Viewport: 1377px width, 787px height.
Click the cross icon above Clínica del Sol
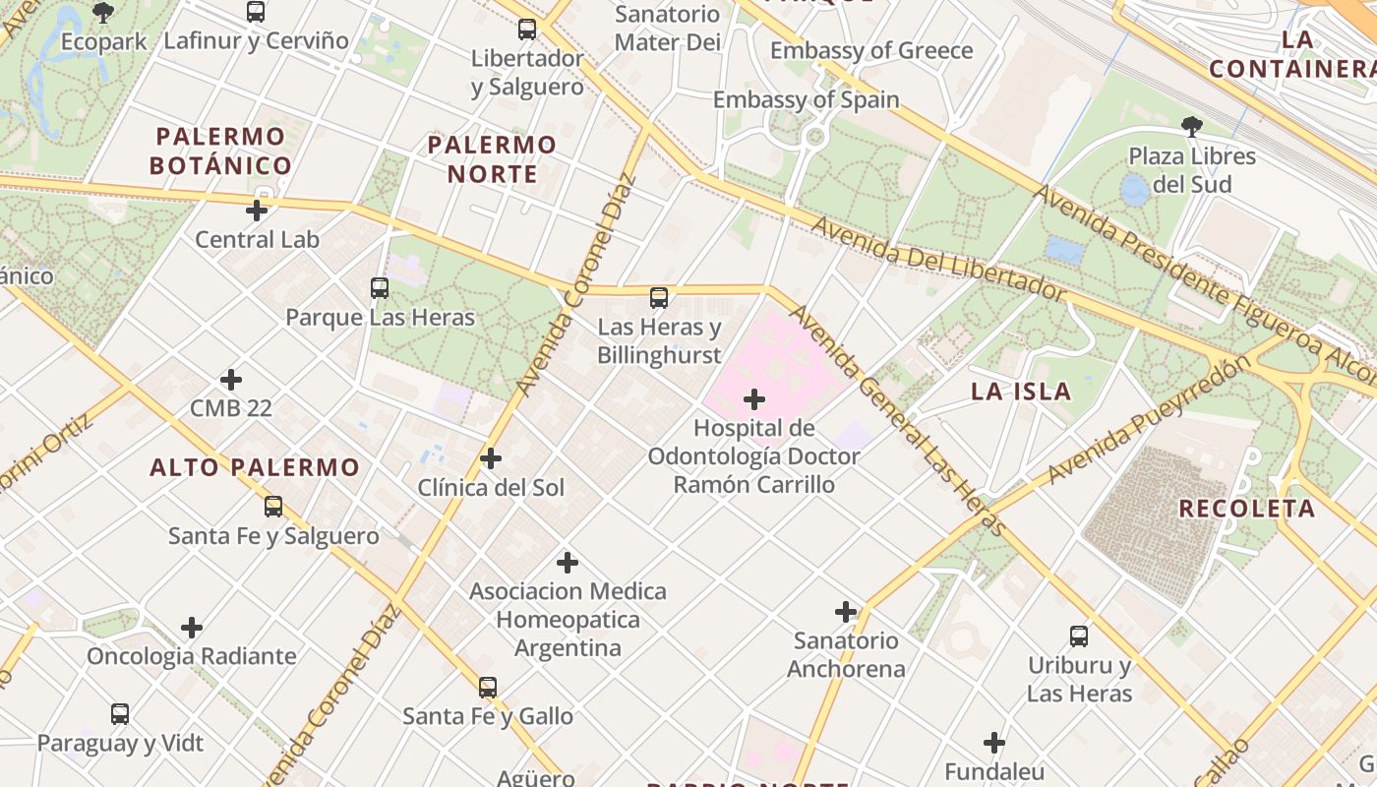pos(491,458)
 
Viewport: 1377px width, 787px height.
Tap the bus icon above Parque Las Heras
pos(380,288)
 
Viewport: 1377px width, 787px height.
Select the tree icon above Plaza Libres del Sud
pos(1192,126)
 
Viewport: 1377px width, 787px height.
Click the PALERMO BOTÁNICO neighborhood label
pos(220,151)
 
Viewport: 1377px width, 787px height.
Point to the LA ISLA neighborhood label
pos(1021,392)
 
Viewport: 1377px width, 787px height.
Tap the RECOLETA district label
pos(1246,509)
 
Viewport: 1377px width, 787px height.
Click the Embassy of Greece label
pos(871,51)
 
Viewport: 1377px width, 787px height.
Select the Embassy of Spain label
pos(806,99)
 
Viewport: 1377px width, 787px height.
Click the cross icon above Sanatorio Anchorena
pos(846,612)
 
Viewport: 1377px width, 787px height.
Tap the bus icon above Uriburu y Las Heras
pos(1079,636)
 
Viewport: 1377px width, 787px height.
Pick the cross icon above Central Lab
pos(257,211)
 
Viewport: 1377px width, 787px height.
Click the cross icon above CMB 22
pos(231,380)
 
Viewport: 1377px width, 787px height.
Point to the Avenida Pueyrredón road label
pos(1149,419)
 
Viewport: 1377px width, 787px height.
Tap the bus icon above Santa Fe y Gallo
pos(488,688)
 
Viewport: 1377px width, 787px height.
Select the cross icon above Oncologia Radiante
pos(192,628)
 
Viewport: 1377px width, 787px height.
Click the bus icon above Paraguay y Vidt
pos(120,714)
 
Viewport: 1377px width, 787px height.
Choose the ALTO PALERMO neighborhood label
pos(255,467)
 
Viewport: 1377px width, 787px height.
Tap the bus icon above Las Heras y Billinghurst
pos(659,297)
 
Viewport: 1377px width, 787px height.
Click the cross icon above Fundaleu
pos(994,743)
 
